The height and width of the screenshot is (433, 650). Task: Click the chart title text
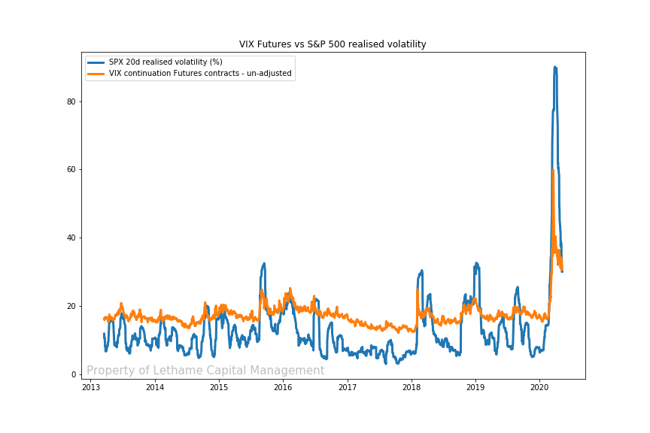333,44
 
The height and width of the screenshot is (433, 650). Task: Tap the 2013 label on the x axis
91,387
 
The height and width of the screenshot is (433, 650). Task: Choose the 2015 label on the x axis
219,387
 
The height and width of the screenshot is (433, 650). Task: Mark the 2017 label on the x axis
348,387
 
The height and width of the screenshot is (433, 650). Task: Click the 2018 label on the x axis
412,387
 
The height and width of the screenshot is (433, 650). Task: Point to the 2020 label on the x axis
539,387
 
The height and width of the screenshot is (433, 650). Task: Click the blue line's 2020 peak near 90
555,68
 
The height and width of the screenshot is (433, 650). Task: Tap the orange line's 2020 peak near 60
553,171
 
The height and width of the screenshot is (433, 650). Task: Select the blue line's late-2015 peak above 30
263,264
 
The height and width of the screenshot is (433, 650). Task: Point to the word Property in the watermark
110,371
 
